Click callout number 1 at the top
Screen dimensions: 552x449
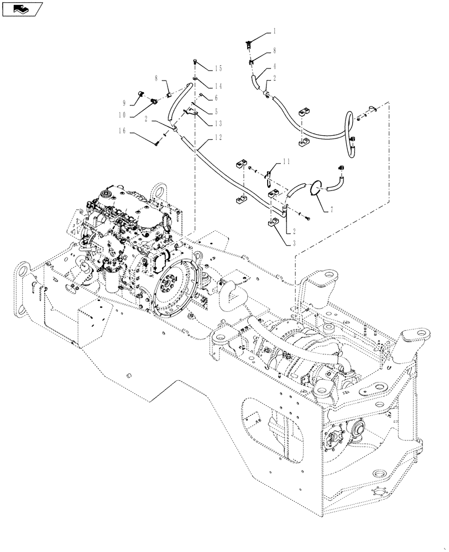click(x=274, y=33)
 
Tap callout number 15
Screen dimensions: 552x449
click(x=218, y=68)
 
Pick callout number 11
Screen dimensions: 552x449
click(x=286, y=161)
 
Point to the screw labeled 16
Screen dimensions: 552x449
click(x=158, y=144)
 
